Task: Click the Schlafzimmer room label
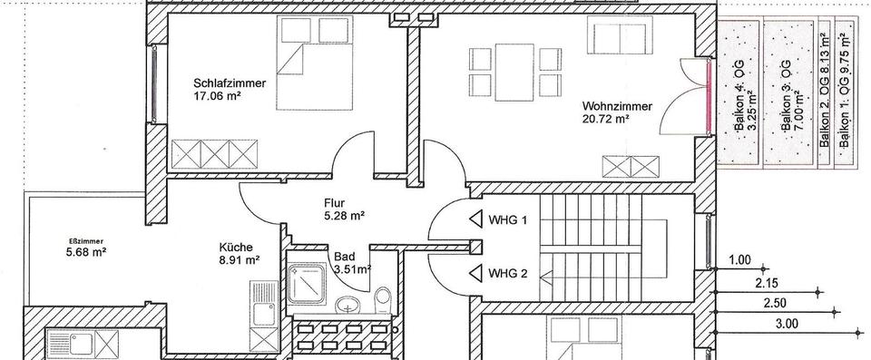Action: click(x=230, y=83)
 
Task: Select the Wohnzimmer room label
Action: click(x=616, y=105)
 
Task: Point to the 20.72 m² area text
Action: click(x=605, y=118)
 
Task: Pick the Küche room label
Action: click(x=235, y=246)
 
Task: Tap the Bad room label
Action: click(x=344, y=257)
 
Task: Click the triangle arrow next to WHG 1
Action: click(x=477, y=219)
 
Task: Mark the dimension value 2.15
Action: click(x=768, y=283)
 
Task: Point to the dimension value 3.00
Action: click(x=787, y=323)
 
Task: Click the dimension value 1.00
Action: click(x=741, y=261)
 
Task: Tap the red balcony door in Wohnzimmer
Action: click(x=709, y=97)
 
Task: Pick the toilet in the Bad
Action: click(x=384, y=297)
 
